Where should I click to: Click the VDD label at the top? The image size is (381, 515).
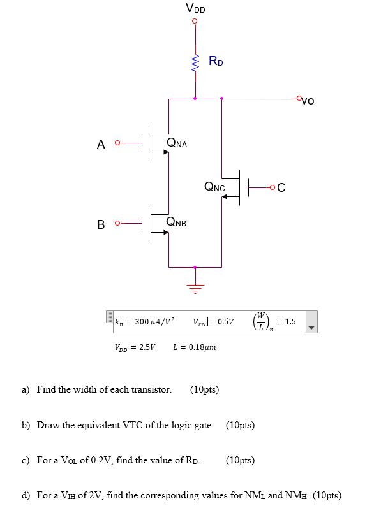(195, 8)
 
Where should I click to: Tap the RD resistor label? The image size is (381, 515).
(216, 62)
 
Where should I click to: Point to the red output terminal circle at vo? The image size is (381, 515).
(299, 98)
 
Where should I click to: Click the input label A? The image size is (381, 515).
(101, 144)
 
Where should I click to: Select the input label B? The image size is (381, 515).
(101, 224)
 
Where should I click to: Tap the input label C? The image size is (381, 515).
(281, 187)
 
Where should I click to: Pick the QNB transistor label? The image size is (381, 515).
(176, 222)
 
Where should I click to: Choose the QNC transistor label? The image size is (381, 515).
(214, 187)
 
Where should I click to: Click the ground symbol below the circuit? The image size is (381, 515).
(195, 288)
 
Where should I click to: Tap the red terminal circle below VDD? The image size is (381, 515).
(195, 20)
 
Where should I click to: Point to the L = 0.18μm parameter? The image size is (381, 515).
(195, 348)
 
